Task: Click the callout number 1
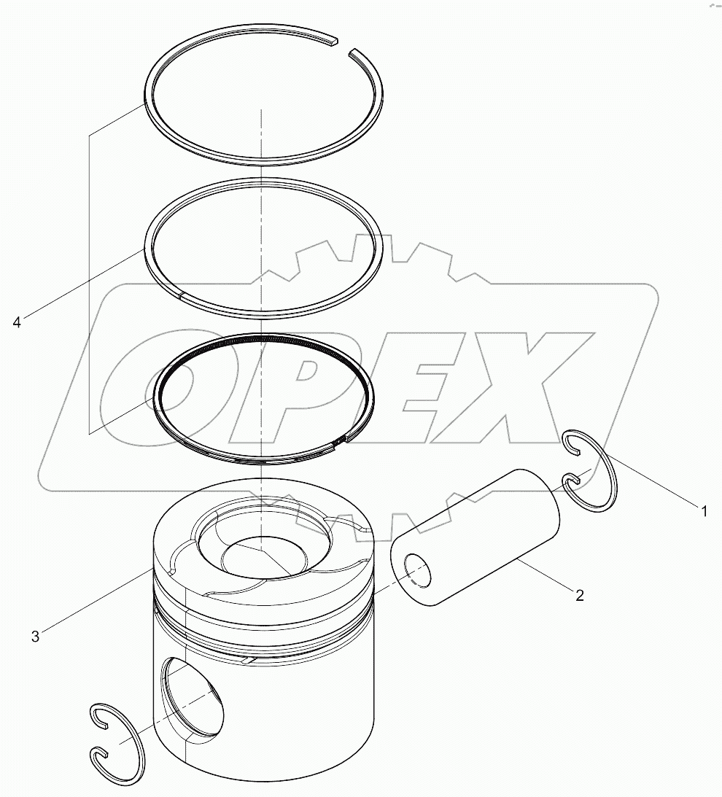pos(704,511)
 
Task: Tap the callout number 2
pos(579,595)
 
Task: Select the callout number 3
pos(35,637)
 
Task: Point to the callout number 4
pos(17,322)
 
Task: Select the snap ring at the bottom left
pos(117,744)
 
